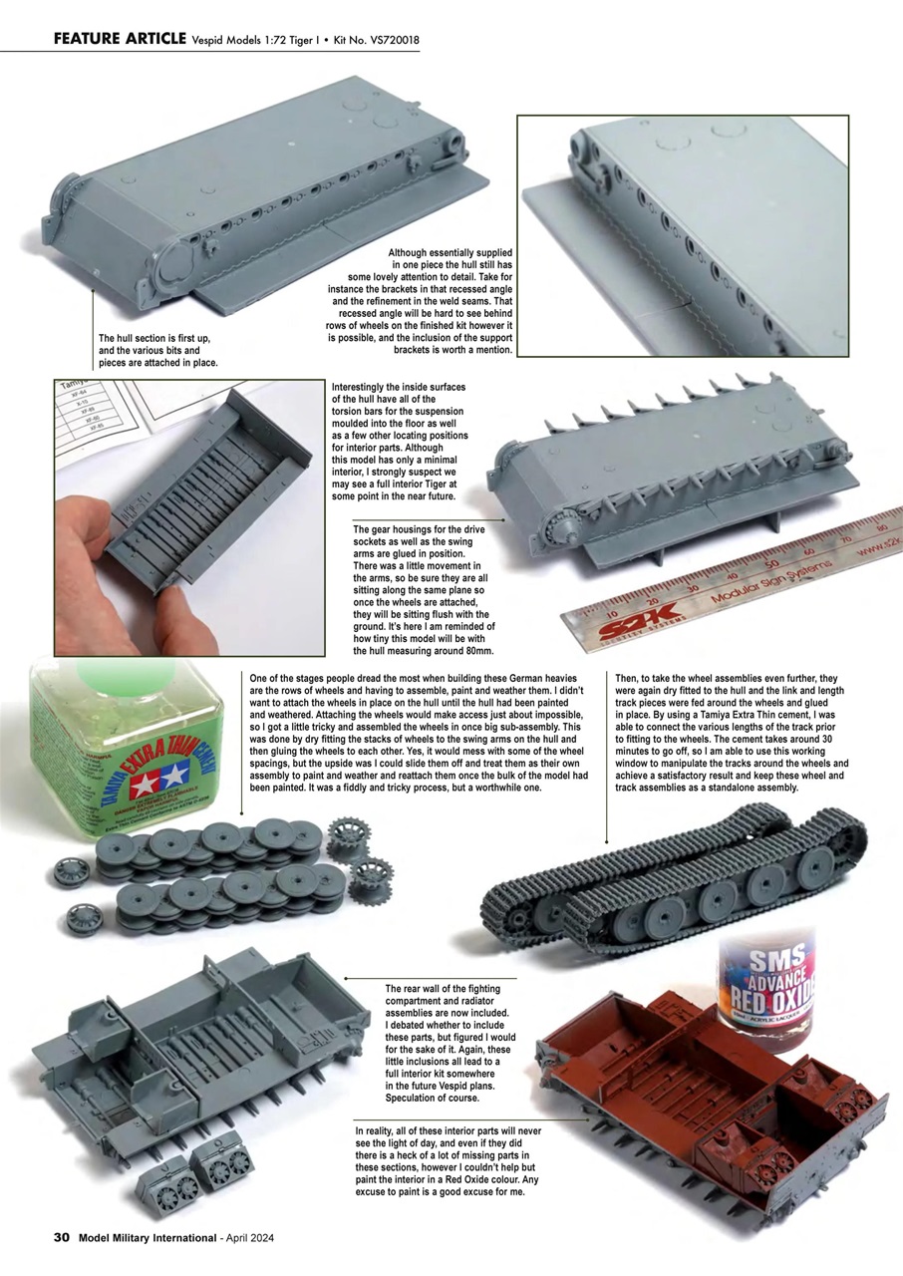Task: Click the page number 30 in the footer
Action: (x=61, y=1237)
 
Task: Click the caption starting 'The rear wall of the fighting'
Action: (x=443, y=1043)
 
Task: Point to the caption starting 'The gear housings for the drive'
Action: (x=423, y=589)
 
